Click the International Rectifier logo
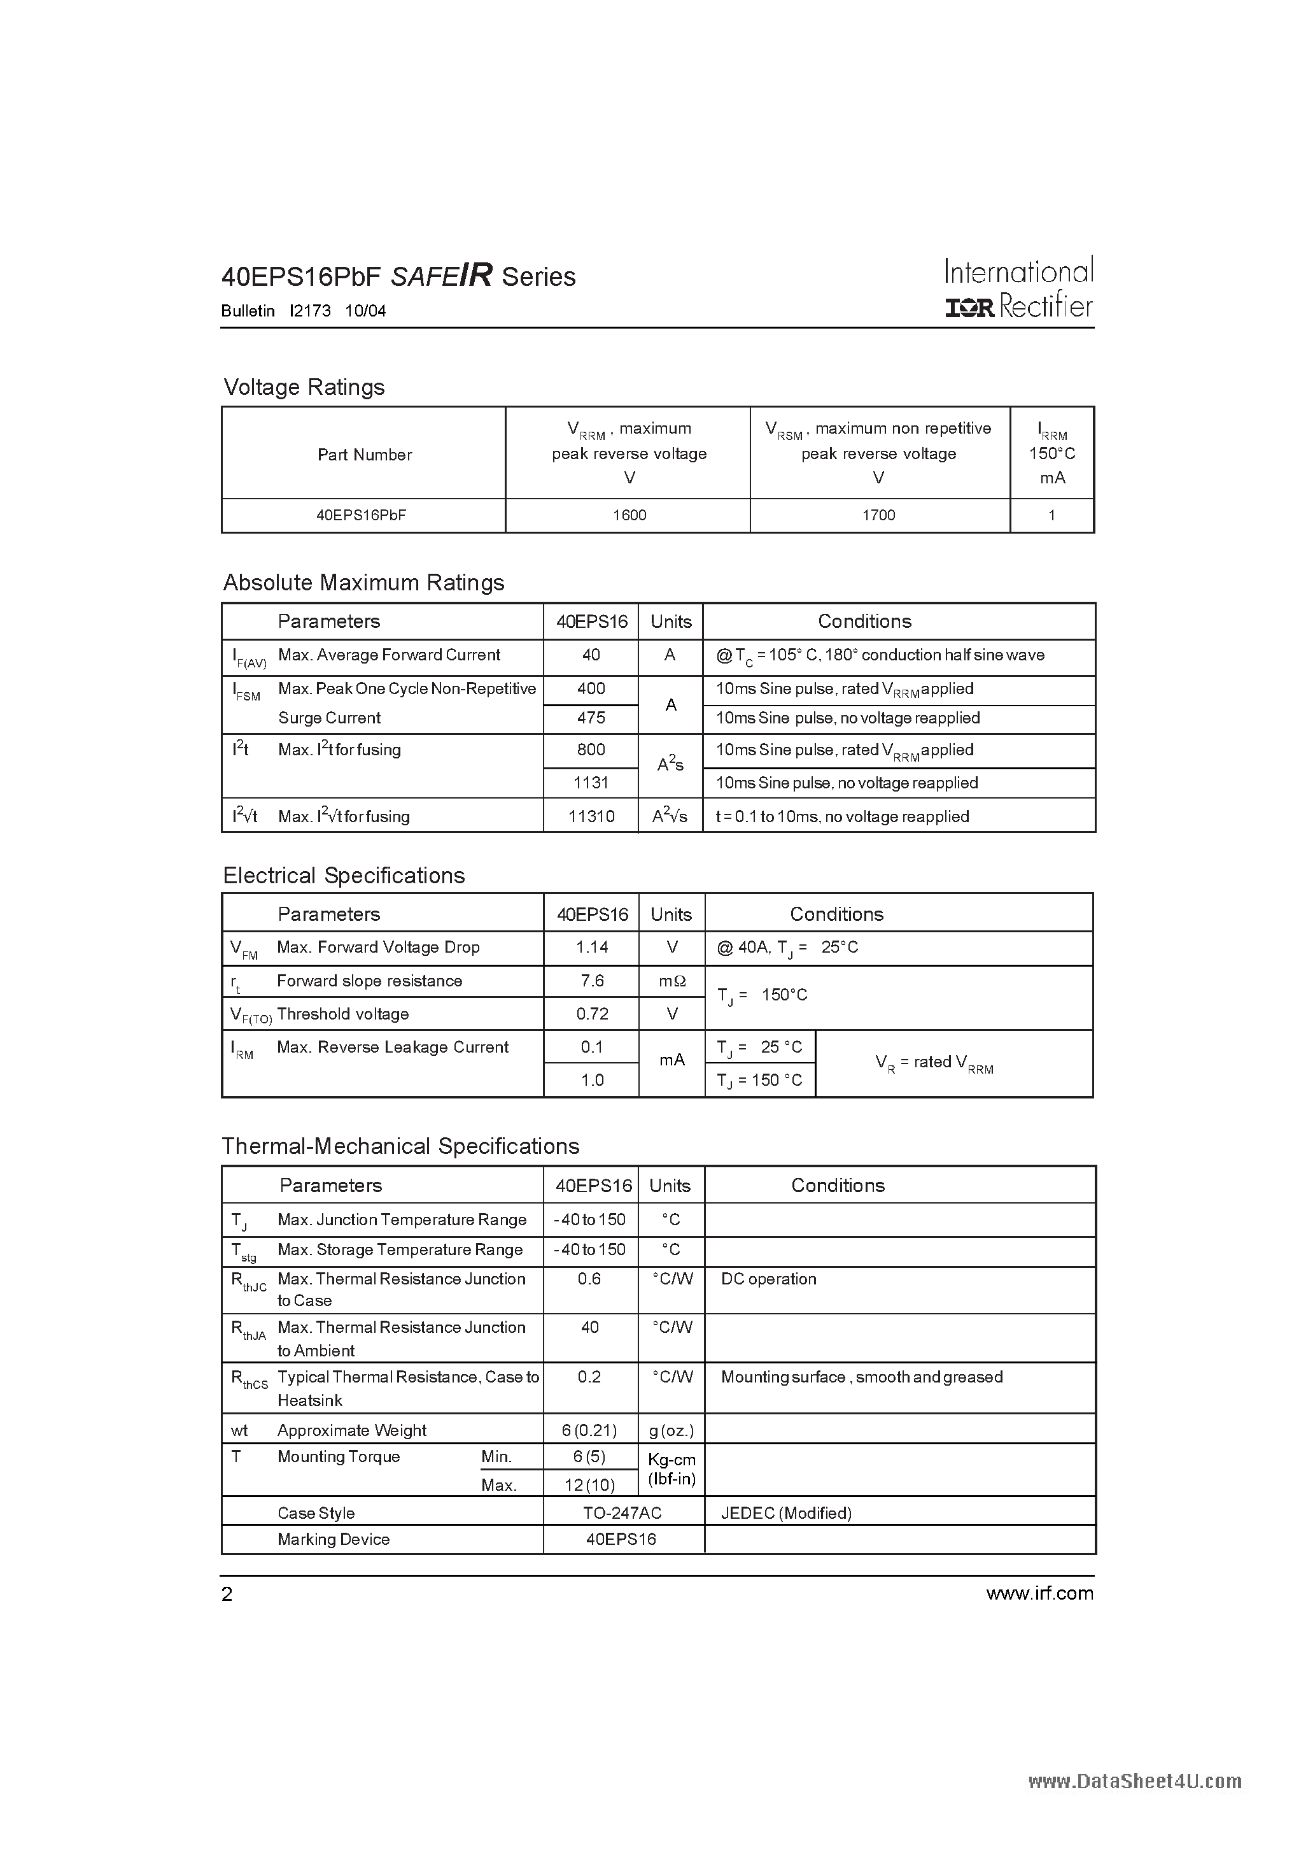coord(1018,288)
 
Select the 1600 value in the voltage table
coord(629,515)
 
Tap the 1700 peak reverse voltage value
coord(879,515)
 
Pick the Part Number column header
coord(364,455)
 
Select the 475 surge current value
coord(591,718)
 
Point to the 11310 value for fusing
coord(591,816)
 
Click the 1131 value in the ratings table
coord(591,783)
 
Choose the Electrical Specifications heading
coord(344,876)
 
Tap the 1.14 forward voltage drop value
coord(592,947)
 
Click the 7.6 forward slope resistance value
coord(592,981)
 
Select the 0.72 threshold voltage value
coord(592,1014)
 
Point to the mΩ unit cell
coord(672,981)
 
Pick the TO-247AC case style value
coord(622,1513)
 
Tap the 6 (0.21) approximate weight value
coord(590,1430)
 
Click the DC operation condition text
coord(769,1279)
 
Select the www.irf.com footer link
coord(1039,1593)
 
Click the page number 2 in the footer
coord(227,1595)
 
